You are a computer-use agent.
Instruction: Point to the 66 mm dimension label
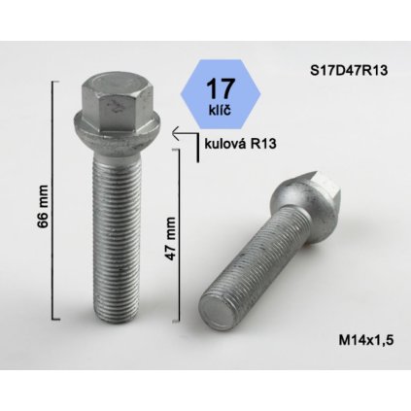tap(42, 204)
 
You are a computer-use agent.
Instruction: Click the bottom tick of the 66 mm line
tap(55, 326)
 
